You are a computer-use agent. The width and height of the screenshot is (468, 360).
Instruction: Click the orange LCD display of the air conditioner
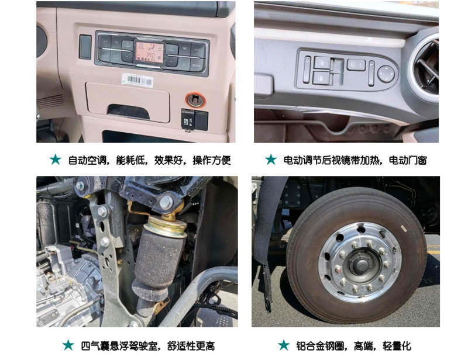[150, 52]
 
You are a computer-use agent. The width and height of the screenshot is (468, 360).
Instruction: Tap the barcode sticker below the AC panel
[137, 80]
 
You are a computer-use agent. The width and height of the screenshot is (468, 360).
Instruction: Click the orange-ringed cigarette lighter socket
[195, 99]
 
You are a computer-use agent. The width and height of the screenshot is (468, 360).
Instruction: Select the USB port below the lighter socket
[188, 120]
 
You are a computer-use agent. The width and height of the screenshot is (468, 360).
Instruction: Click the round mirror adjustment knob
[386, 74]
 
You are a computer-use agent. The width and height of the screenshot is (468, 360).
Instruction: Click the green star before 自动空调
[56, 160]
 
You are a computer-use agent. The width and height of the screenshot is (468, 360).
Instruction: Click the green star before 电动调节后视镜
[271, 160]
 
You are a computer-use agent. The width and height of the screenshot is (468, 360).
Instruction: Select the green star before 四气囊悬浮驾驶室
[68, 345]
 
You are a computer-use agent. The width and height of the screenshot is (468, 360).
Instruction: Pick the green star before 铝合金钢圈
[284, 345]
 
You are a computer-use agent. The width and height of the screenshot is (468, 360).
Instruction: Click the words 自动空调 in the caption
[87, 160]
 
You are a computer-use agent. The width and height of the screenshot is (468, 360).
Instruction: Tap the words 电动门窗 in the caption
[408, 160]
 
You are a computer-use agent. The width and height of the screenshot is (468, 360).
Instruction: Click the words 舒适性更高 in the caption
[191, 346]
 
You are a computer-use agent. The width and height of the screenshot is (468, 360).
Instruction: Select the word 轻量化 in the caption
[397, 346]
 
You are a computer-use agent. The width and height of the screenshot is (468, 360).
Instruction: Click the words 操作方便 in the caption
[212, 160]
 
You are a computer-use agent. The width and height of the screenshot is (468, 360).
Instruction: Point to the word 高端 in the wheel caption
[363, 346]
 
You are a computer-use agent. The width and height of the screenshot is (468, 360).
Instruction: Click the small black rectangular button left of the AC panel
[85, 47]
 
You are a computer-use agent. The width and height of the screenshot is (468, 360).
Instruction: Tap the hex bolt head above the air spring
[166, 202]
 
